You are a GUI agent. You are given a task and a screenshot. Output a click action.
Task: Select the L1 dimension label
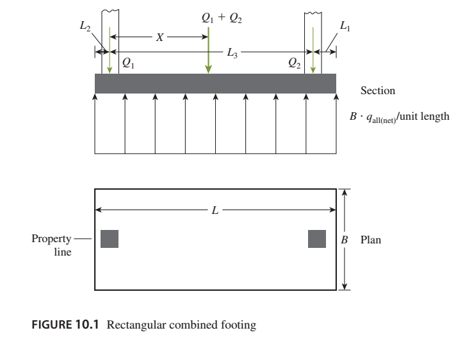click(345, 28)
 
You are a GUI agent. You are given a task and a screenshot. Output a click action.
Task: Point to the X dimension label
click(160, 38)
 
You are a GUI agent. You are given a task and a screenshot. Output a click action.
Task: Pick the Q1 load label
click(128, 63)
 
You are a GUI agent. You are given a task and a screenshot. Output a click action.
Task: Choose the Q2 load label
click(294, 63)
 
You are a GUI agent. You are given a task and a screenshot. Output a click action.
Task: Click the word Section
click(378, 91)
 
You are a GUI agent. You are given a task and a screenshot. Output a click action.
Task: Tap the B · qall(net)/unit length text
click(399, 117)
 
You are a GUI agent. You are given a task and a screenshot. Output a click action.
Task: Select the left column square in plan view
click(110, 238)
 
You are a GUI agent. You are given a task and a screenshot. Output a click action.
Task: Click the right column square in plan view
click(317, 238)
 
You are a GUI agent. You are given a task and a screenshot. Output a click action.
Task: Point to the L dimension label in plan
click(215, 211)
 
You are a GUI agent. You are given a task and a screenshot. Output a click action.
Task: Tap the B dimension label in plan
click(345, 239)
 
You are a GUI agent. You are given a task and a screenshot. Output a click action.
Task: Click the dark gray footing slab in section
click(215, 83)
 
